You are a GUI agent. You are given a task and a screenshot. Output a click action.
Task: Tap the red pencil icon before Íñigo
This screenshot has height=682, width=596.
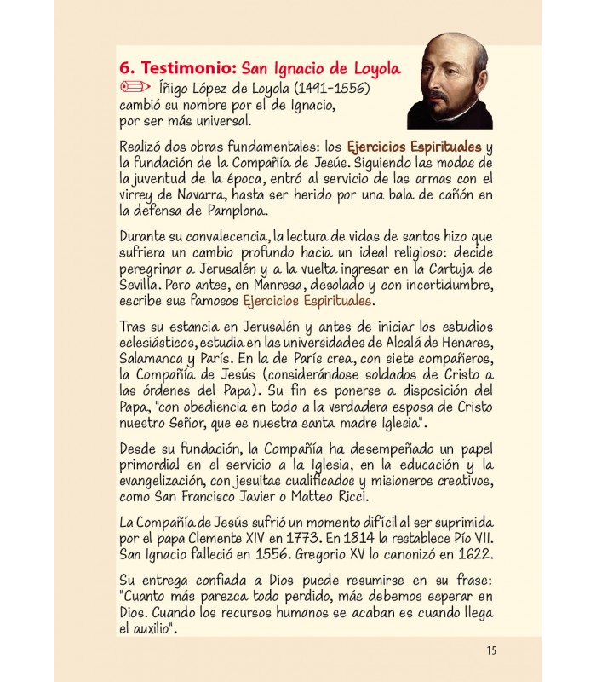coord(135,87)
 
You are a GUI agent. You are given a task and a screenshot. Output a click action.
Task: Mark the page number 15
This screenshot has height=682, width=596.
coord(491,650)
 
